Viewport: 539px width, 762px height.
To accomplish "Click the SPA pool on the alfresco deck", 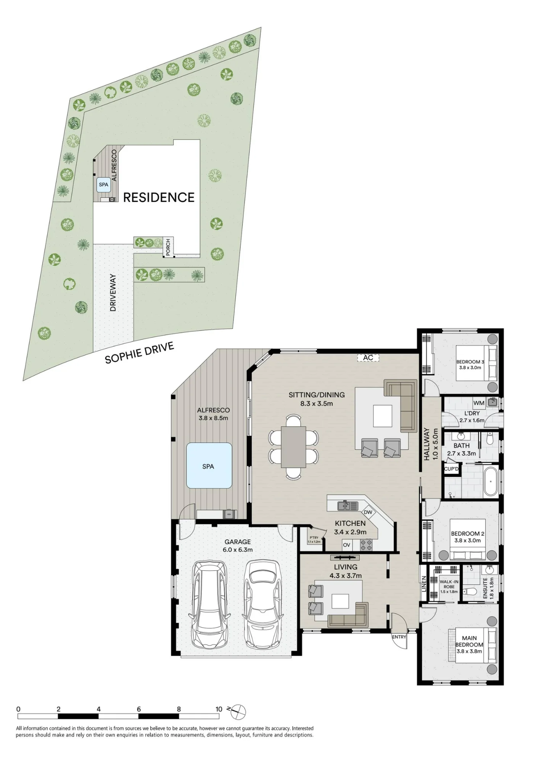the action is tap(209, 466).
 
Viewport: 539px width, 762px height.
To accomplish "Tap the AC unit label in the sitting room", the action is tap(368, 358).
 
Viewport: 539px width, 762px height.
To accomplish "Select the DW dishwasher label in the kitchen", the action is tap(368, 512).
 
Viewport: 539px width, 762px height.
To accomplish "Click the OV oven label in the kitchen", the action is tap(346, 545).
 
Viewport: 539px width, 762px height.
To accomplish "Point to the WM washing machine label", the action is tap(479, 403).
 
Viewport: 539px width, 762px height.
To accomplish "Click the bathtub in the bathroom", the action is tap(490, 482).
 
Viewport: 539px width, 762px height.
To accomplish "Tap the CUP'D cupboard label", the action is tap(451, 469).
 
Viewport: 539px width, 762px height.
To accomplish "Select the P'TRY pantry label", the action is tap(314, 538).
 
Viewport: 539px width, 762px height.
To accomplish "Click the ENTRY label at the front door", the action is tap(399, 637).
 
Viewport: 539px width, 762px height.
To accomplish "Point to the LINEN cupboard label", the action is tap(424, 583).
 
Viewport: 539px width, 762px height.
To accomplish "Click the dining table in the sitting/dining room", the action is tap(293, 447).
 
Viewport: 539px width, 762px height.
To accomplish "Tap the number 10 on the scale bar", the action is tap(219, 709).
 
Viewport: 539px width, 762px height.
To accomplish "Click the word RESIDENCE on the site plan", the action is tap(159, 197).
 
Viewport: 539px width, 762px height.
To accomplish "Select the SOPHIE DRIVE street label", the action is tap(140, 353).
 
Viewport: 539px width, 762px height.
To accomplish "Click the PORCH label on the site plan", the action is tap(168, 247).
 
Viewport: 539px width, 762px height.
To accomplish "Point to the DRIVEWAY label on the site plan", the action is tap(113, 293).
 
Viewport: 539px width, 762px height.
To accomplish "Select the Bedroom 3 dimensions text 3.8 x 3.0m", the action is tap(470, 368).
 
